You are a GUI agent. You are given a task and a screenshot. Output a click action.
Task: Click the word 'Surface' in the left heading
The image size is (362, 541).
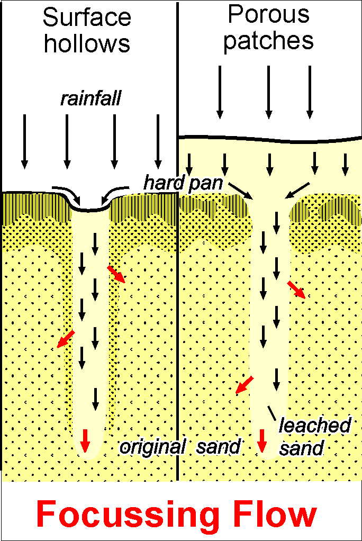tap(87, 18)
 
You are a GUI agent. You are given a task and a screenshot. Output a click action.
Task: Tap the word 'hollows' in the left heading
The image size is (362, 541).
tap(87, 43)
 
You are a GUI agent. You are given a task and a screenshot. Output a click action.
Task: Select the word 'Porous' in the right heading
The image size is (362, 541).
tap(268, 15)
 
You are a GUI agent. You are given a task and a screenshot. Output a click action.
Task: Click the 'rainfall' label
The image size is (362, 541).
tap(90, 98)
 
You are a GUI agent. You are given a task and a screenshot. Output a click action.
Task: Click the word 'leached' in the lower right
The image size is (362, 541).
tap(315, 425)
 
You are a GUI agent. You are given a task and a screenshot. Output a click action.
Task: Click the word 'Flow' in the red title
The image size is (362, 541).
tap(275, 515)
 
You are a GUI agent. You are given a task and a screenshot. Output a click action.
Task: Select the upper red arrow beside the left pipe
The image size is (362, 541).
tap(116, 274)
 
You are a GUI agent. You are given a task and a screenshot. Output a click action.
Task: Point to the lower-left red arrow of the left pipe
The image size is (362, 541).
tap(65, 339)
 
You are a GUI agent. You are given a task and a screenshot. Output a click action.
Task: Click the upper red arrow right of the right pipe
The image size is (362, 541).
tap(296, 290)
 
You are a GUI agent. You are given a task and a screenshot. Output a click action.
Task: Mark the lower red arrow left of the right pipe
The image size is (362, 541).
tap(244, 385)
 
